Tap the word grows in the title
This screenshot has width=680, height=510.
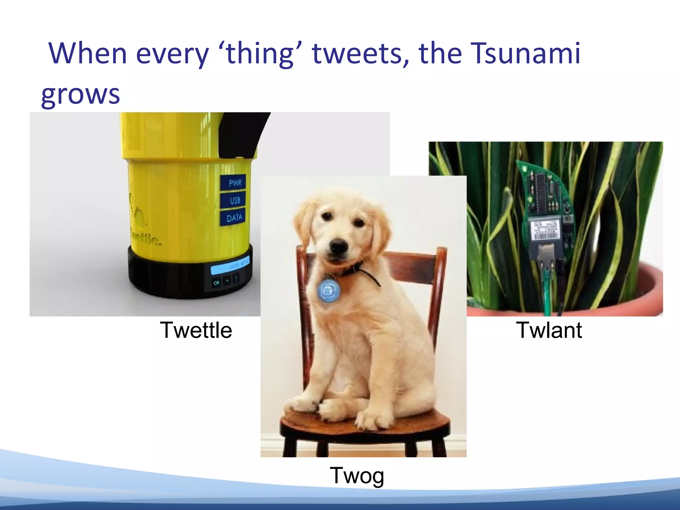click(x=80, y=95)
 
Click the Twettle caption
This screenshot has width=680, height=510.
click(x=196, y=330)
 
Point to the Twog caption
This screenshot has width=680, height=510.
click(x=357, y=475)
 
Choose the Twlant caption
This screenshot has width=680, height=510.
click(x=549, y=330)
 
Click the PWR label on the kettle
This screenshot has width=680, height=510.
click(x=234, y=183)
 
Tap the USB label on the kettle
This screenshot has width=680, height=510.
click(x=234, y=200)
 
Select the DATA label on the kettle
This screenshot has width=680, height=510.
click(x=234, y=218)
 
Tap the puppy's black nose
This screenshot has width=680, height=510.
click(x=338, y=246)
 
